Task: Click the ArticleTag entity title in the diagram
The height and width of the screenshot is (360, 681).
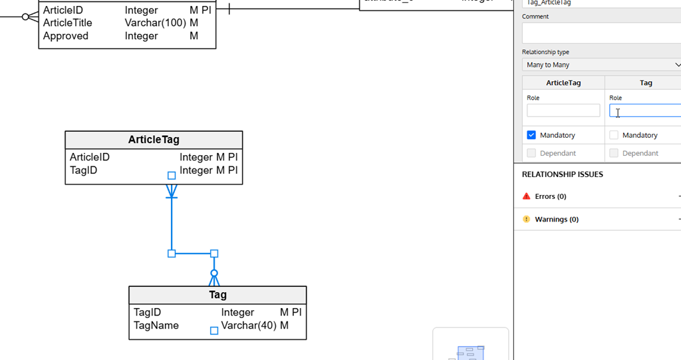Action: [x=154, y=140]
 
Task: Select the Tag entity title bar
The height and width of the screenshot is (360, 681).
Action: [x=217, y=295]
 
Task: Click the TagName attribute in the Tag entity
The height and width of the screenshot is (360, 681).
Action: [x=156, y=325]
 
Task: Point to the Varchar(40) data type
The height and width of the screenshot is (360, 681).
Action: [x=249, y=325]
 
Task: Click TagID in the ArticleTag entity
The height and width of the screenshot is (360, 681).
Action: [x=84, y=170]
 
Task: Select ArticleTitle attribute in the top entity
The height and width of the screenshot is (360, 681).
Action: [x=68, y=23]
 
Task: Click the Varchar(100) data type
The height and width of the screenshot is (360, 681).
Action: [x=156, y=23]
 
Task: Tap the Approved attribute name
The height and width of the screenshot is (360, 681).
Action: [x=66, y=36]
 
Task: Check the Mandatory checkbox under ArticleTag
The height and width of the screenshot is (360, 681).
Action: [x=531, y=135]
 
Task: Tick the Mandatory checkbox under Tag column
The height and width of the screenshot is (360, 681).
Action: [x=614, y=135]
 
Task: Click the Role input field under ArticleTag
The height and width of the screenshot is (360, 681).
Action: [x=563, y=110]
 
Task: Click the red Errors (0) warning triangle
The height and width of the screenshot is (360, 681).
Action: [x=527, y=196]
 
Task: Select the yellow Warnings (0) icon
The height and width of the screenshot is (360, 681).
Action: [x=527, y=219]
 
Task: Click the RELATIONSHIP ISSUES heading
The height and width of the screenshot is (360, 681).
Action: [x=562, y=174]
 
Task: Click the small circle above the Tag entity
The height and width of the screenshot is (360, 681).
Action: [x=214, y=273]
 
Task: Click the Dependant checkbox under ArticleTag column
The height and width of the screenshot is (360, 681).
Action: [x=531, y=153]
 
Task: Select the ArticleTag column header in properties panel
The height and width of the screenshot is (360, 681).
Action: [x=563, y=83]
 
